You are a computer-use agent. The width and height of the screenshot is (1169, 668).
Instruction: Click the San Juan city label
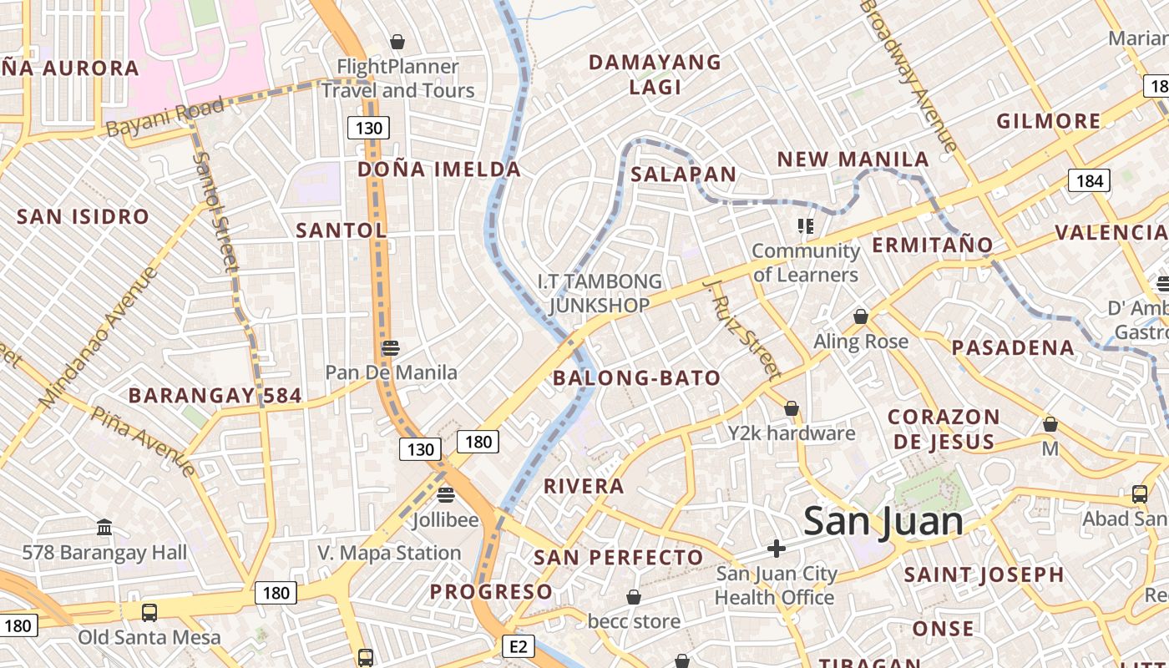[x=883, y=521]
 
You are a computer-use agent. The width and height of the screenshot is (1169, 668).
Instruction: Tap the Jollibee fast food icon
[x=446, y=494]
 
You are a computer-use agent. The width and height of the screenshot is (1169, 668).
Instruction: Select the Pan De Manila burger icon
[x=391, y=347]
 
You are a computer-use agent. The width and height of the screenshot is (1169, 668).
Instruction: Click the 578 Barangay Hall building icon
[x=104, y=528]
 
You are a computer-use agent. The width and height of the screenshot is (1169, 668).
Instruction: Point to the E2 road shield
[x=519, y=645]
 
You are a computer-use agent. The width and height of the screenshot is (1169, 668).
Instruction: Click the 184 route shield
[x=1090, y=180]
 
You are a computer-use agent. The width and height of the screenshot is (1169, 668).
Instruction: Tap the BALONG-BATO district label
[x=636, y=378]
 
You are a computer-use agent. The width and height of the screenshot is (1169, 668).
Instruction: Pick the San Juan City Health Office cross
[x=777, y=549]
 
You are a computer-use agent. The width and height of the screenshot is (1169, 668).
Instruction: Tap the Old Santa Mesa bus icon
[x=149, y=613]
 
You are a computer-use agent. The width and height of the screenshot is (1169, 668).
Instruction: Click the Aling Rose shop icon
[x=861, y=316]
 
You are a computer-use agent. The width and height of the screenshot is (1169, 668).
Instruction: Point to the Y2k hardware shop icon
[x=791, y=408]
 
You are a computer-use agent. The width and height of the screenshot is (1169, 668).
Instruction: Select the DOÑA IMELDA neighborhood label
[x=439, y=170]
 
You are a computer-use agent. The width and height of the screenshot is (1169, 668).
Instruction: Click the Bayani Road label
[x=165, y=118]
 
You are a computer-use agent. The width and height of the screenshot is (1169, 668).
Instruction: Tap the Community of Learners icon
[x=806, y=225]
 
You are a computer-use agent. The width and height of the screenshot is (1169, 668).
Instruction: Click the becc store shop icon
[x=634, y=597]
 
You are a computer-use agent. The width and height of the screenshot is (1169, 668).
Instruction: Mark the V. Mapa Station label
[x=389, y=553]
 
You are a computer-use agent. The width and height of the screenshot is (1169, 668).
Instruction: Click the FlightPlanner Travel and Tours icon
[x=397, y=42]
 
